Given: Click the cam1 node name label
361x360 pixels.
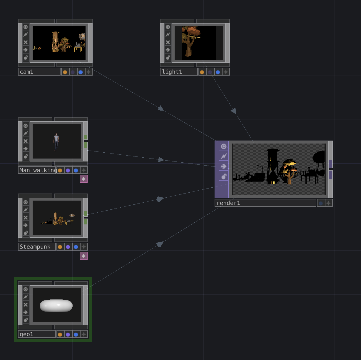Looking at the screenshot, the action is (26, 72).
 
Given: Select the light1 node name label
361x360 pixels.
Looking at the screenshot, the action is (172, 72).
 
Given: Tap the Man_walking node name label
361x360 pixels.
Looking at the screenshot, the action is (38, 170).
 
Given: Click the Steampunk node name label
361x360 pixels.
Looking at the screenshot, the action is (35, 247).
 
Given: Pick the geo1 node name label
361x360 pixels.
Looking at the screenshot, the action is (26, 334).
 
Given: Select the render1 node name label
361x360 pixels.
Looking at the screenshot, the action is (228, 203).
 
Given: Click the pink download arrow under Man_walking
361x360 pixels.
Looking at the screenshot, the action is (83, 179).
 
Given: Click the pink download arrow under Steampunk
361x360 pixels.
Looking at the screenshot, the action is (83, 256).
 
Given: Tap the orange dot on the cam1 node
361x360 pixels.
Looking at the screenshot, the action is (65, 72).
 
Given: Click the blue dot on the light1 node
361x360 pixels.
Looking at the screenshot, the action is (218, 72).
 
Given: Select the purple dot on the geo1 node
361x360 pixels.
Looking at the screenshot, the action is (68, 334).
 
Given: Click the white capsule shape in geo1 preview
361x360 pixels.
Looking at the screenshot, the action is (56, 306).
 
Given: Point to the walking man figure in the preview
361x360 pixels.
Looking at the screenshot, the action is (56, 142).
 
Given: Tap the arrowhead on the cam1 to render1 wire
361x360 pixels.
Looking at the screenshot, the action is (161, 108).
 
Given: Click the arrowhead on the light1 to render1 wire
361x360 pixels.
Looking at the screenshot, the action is (234, 111).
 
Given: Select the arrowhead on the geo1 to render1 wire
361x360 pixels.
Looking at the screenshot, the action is (160, 244).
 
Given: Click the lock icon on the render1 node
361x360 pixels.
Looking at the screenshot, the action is (224, 176).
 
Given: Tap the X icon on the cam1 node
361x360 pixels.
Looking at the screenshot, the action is (26, 42).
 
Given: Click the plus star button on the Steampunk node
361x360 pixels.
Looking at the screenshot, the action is (84, 247).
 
